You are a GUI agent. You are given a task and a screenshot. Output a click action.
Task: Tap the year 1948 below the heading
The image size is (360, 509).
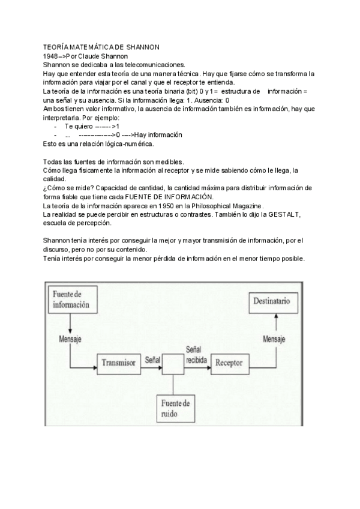pos(52,55)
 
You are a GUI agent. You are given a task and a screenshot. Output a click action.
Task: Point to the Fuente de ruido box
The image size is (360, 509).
pos(175,408)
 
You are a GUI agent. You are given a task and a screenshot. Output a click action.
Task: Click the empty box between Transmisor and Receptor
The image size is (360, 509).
pos(174,363)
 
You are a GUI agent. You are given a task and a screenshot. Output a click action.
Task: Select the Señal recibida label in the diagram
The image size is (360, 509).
pos(196,354)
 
